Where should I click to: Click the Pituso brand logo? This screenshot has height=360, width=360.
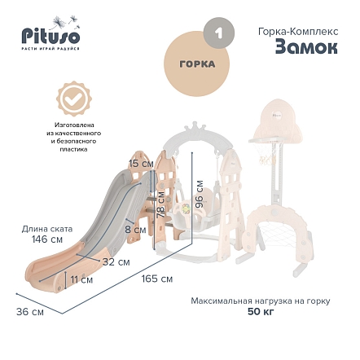pos(50,33)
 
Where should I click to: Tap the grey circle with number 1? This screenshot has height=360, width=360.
pos(219,33)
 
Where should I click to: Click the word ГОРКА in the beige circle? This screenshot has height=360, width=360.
pos(197,64)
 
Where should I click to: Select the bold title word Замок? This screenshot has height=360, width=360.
pos(306,48)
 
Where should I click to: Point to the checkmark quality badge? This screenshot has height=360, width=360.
pos(74,99)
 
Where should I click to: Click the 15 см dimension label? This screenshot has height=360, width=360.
pos(141,164)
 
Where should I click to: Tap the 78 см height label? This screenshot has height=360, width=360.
pos(160,204)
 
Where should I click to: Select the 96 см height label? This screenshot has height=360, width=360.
pos(200,194)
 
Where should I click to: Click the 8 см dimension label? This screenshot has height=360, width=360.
pos(135,230)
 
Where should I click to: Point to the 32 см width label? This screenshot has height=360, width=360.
pos(116,262)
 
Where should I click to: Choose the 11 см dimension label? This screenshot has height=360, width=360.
pos(81,279)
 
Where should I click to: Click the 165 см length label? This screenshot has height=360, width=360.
pos(157,279)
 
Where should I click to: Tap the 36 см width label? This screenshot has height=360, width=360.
pos(30,312)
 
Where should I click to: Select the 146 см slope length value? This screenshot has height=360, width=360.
pos(47,239)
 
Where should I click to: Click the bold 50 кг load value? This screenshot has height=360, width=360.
pos(261,312)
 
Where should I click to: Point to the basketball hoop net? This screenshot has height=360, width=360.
pos(266,153)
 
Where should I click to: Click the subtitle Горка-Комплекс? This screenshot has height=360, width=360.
pos(298,32)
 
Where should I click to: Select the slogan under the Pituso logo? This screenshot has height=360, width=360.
pos(50,49)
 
